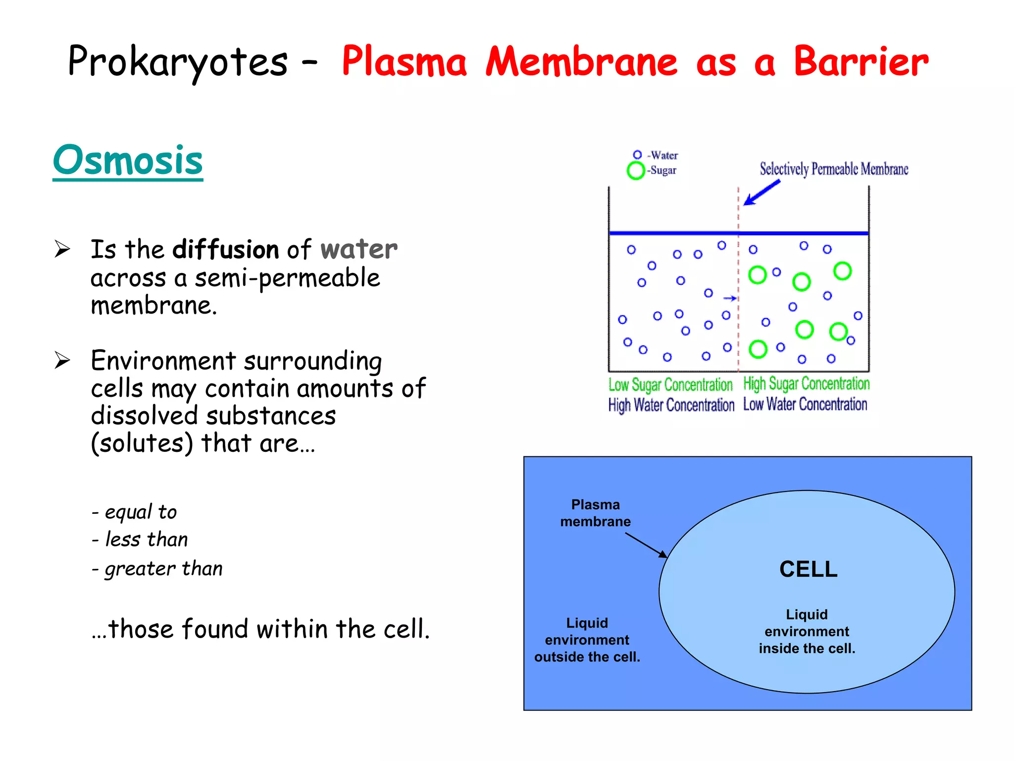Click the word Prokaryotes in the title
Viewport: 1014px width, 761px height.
tap(177, 62)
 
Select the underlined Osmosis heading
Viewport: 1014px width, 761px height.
tap(128, 161)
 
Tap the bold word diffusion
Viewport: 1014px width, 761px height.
tap(225, 249)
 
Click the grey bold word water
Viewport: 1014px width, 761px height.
tap(358, 249)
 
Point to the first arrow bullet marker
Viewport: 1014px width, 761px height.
tap(62, 249)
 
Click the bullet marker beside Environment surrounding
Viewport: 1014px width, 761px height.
tap(62, 360)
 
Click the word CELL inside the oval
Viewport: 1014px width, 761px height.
tap(808, 569)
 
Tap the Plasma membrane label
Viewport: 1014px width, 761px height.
tap(595, 513)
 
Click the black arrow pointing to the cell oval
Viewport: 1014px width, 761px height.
tap(646, 545)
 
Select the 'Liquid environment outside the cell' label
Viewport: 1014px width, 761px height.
tap(587, 640)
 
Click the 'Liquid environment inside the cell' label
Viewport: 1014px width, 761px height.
tap(807, 631)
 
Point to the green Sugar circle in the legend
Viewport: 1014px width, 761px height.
tap(636, 170)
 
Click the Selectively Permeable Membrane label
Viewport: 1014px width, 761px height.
tap(834, 169)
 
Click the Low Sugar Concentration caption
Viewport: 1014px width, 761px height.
tap(670, 385)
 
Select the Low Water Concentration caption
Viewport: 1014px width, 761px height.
tap(805, 404)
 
